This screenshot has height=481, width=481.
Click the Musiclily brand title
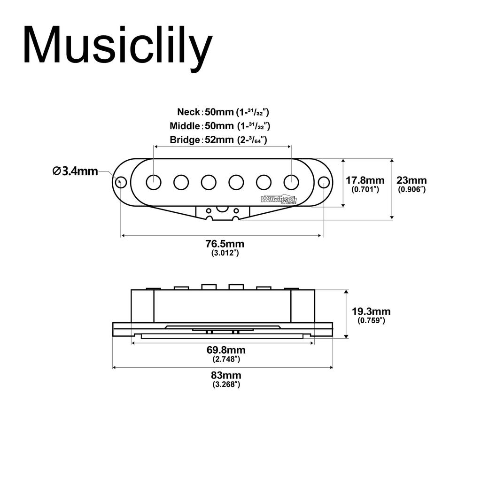(x=117, y=46)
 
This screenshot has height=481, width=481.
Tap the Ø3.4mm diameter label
(x=75, y=171)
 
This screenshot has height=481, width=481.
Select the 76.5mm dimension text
(x=225, y=244)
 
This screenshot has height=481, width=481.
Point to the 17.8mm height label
(x=365, y=180)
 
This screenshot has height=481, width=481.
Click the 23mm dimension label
(x=412, y=180)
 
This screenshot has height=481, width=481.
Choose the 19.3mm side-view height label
(x=371, y=311)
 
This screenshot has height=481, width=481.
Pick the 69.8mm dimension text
(x=226, y=350)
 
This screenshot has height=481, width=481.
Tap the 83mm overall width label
(x=226, y=375)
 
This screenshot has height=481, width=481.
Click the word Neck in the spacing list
(x=188, y=112)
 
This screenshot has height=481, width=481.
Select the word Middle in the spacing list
(x=185, y=126)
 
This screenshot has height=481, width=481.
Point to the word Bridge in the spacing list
(x=185, y=140)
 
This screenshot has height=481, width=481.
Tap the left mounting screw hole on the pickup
(x=121, y=182)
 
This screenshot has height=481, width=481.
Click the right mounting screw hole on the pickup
(x=323, y=182)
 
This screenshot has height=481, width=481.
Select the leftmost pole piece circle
(x=154, y=182)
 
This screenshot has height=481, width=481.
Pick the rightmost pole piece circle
(x=291, y=182)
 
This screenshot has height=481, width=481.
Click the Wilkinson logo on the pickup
(x=279, y=199)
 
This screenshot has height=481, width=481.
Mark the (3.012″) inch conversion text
(x=225, y=253)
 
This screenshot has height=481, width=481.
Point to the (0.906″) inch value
(x=412, y=189)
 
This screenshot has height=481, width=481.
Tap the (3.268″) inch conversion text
(x=226, y=384)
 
